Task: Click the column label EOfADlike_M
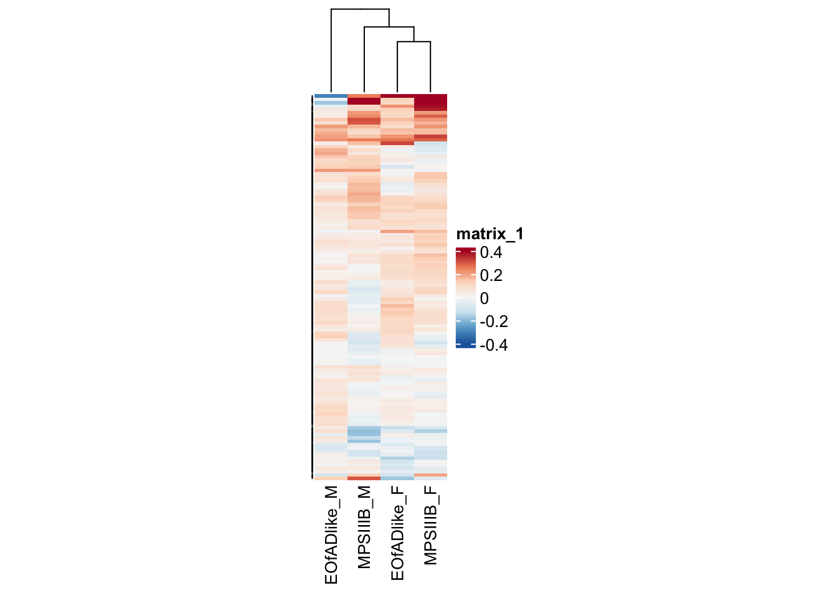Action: click(x=331, y=535)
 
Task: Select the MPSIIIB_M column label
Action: click(x=364, y=527)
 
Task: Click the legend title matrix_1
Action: click(x=489, y=234)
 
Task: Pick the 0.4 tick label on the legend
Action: click(x=491, y=252)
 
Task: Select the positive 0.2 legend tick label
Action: click(x=491, y=275)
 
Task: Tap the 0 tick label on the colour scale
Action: click(x=485, y=298)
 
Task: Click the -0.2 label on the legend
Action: click(x=493, y=321)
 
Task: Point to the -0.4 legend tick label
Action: click(x=493, y=345)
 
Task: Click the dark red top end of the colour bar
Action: click(x=466, y=251)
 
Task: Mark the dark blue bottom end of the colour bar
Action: click(x=466, y=344)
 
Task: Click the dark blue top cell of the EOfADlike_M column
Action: click(x=331, y=96)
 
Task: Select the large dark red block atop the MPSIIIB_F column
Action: click(x=430, y=102)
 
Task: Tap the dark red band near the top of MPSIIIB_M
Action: click(x=364, y=101)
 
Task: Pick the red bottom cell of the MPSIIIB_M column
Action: click(x=364, y=478)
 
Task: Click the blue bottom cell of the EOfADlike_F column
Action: click(x=397, y=478)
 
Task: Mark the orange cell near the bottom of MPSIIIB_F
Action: click(x=430, y=475)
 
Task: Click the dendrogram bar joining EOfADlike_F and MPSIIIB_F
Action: click(x=414, y=42)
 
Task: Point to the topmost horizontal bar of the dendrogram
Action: click(x=360, y=9)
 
